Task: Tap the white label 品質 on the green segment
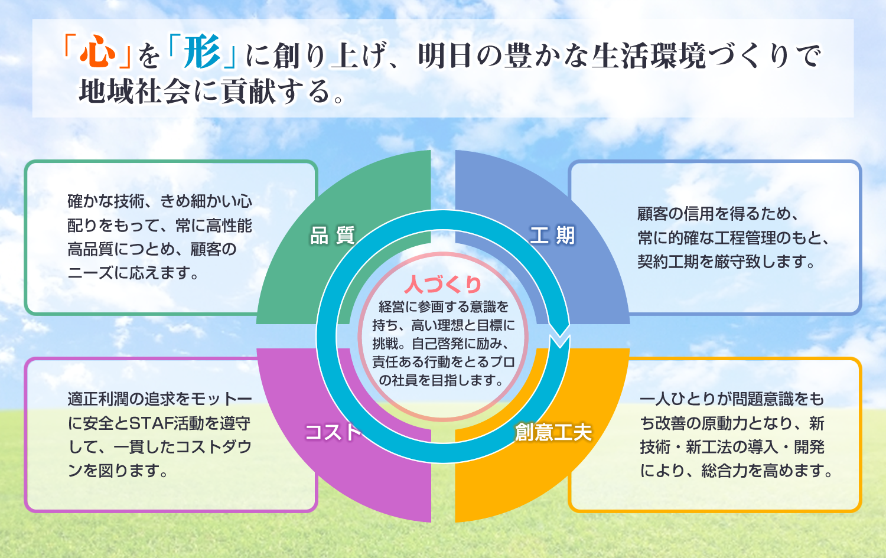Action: (x=333, y=236)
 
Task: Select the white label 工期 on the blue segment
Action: (x=552, y=236)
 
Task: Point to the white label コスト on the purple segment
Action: (x=333, y=432)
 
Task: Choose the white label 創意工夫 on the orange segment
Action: (x=553, y=432)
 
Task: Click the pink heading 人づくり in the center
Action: (x=443, y=285)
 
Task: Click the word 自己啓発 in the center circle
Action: (x=437, y=344)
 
